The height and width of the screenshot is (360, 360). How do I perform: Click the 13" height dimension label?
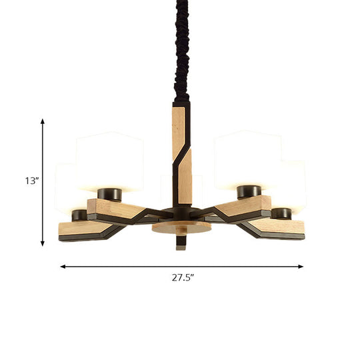30,181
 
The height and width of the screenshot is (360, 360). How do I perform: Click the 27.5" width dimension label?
181,277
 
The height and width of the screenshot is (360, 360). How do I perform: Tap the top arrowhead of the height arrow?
43,122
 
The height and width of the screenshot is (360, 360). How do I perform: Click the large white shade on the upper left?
110,160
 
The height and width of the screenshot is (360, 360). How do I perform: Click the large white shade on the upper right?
247,160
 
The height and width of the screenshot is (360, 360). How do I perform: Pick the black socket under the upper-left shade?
109,194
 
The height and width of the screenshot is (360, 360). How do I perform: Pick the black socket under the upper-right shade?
247,193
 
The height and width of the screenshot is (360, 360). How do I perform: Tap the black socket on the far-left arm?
79,216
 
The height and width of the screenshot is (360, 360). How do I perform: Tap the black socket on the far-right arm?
282,214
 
